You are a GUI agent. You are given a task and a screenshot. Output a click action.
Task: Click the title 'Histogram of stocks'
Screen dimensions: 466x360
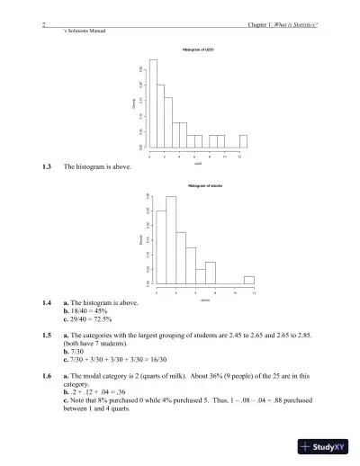[x=206, y=185]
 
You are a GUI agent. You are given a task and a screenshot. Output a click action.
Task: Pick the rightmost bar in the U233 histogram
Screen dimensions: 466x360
[x=243, y=142]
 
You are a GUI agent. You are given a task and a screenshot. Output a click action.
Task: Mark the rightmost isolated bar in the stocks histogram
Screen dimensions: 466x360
[x=249, y=280]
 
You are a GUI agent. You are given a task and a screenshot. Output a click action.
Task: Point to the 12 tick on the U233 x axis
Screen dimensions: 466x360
[x=239, y=156]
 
